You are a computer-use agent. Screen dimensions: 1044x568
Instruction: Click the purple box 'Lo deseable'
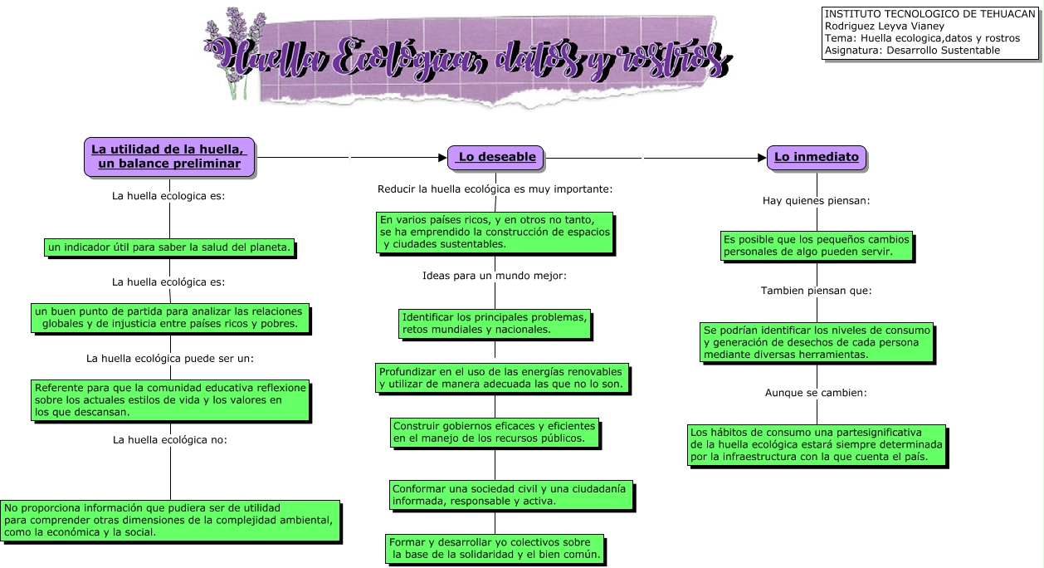[x=496, y=157]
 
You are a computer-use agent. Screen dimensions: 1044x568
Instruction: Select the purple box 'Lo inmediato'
[x=817, y=157]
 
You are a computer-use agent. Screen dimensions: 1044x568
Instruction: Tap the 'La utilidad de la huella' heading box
[x=169, y=156]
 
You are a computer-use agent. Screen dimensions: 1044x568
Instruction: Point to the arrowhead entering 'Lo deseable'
[x=442, y=157]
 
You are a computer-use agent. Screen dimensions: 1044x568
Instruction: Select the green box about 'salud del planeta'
[x=170, y=247]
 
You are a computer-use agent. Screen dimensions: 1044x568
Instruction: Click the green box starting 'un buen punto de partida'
[x=169, y=317]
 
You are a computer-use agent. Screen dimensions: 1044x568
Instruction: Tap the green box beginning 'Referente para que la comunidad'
[x=170, y=399]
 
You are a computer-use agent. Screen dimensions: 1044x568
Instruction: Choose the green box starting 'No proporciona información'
[x=170, y=520]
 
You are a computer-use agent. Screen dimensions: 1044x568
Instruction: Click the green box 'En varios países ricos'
[x=495, y=232]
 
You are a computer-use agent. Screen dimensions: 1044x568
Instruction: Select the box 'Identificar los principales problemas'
[x=495, y=323]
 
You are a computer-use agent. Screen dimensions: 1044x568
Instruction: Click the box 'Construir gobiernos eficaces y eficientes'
[x=494, y=432]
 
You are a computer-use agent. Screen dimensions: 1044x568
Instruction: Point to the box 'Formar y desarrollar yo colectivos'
[x=495, y=548]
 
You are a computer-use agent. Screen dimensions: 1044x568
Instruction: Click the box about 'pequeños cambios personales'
[x=816, y=246]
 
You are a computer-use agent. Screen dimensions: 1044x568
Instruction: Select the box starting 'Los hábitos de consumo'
[x=817, y=445]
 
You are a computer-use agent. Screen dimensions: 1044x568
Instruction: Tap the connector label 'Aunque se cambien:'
[x=816, y=393]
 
